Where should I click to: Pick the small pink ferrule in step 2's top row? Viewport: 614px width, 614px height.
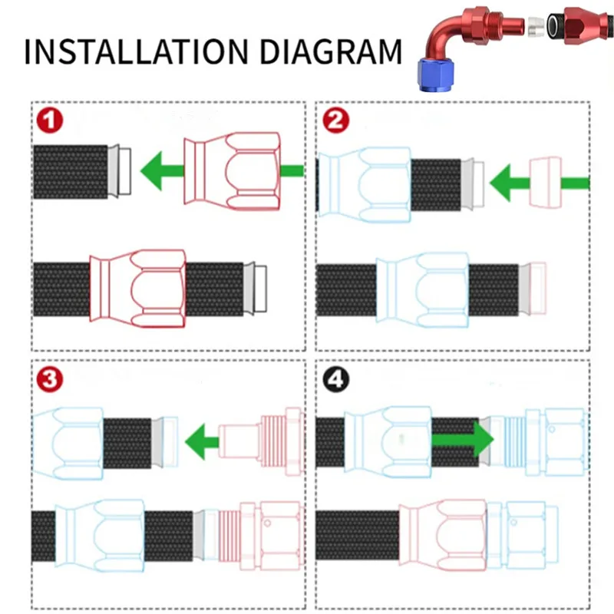point(545,182)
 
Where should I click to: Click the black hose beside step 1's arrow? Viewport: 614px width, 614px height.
point(71,171)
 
